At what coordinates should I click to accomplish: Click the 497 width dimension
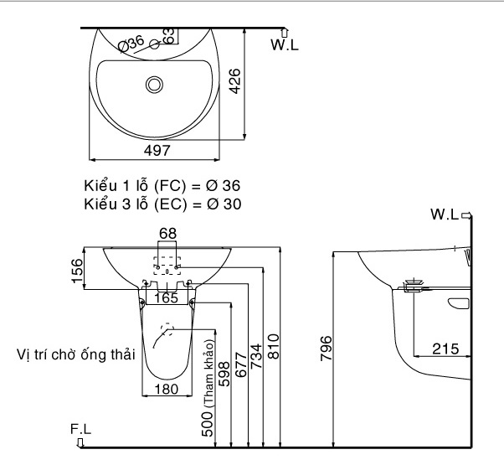(156, 150)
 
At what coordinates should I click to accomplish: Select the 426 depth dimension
(235, 81)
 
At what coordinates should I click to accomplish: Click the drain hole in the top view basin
(154, 84)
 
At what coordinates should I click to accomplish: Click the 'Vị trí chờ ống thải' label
(75, 355)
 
